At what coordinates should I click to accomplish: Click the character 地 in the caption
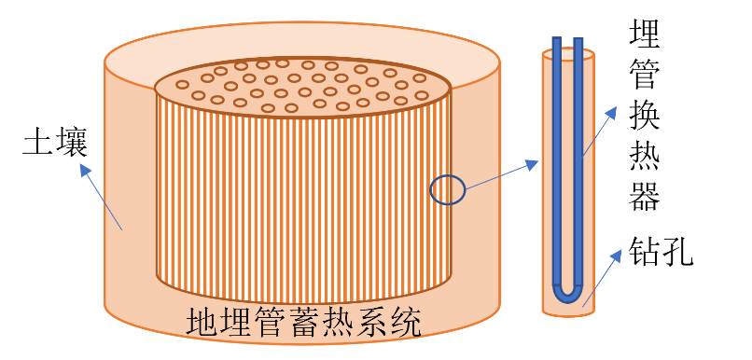tap(202, 324)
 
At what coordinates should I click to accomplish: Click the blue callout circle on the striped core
tap(447, 190)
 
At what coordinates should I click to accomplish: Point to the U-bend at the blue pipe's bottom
tap(567, 294)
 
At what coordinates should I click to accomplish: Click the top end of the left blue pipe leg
tap(556, 41)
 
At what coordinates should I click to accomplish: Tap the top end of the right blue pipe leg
tap(578, 41)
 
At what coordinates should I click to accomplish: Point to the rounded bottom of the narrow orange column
tap(568, 311)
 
